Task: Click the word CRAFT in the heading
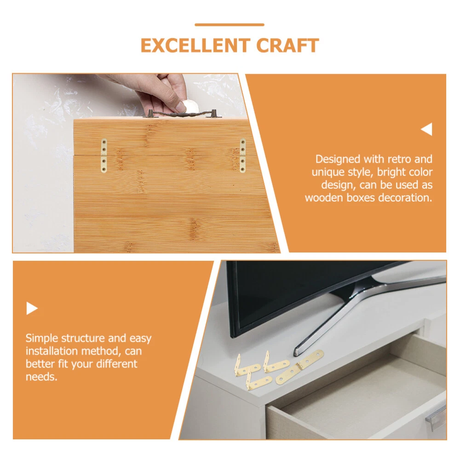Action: pos(287,46)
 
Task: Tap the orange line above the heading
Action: pos(230,25)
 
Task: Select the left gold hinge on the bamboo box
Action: pos(104,155)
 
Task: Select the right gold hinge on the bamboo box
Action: pos(242,155)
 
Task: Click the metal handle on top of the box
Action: pos(182,113)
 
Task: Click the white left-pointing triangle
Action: pos(427,129)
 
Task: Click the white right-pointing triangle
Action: pos(32,308)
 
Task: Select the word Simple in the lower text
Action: pos(42,338)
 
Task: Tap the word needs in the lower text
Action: pos(41,377)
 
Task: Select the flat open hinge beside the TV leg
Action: pos(299,367)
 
